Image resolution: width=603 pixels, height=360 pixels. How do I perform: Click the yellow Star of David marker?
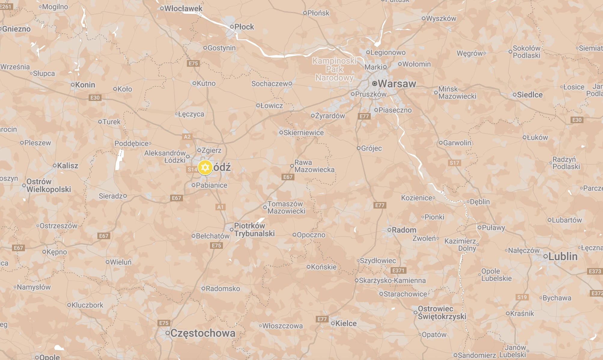tap(205, 167)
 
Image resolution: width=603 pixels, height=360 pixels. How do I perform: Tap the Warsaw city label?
tap(397, 84)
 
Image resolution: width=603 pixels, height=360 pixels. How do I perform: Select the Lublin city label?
tap(563, 257)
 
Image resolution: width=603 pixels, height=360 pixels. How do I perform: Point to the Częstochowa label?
tap(203, 333)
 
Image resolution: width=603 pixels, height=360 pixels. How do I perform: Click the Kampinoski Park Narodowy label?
tap(334, 69)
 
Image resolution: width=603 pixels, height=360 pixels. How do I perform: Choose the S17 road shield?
tap(454, 163)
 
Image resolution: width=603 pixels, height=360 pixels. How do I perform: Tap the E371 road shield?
tap(398, 270)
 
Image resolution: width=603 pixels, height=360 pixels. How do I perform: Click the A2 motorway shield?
tap(187, 137)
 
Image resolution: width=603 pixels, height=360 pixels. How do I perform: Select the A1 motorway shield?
tap(220, 207)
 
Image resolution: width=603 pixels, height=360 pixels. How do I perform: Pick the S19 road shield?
tap(522, 297)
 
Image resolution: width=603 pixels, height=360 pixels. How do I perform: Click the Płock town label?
tap(244, 27)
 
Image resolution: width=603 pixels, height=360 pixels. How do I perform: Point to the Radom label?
tap(404, 230)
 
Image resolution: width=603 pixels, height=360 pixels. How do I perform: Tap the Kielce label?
tap(346, 324)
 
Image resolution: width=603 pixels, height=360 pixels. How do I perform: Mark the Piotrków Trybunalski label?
tap(254, 230)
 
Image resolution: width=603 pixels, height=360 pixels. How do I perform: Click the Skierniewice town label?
tap(303, 133)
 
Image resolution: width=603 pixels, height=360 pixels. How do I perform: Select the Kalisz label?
tap(68, 166)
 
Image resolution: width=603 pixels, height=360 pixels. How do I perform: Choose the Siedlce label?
tap(530, 95)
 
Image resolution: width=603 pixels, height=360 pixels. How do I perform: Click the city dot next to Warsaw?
tap(374, 84)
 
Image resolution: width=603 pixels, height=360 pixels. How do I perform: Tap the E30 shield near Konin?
tap(95, 98)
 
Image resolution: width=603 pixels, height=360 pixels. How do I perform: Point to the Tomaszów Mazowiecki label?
tap(286, 207)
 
